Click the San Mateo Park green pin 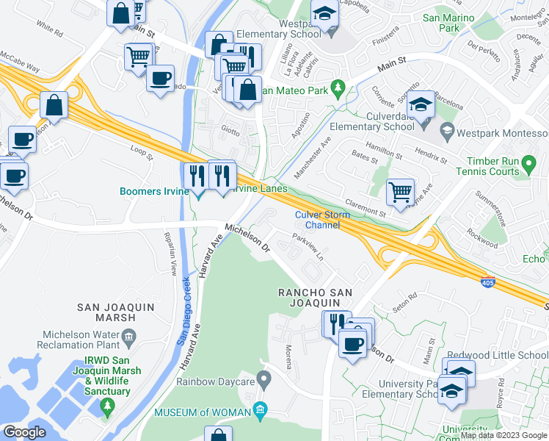tap(338, 89)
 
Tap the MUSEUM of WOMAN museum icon tap(259, 409)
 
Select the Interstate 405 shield tap(488, 282)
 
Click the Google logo tap(25, 432)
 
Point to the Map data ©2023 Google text tap(503, 435)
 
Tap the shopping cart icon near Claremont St tap(400, 193)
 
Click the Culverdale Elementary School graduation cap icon tap(421, 105)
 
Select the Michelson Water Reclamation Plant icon tap(129, 338)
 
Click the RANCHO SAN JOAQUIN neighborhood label tap(314, 298)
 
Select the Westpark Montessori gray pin tap(446, 133)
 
